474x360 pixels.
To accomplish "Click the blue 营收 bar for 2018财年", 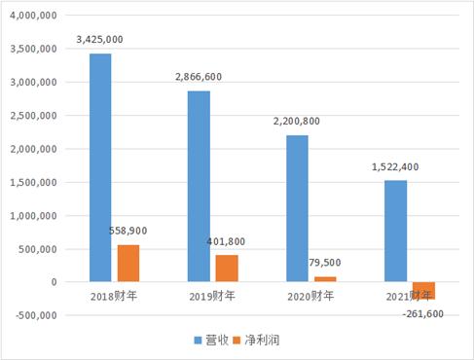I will pyautogui.click(x=100, y=167).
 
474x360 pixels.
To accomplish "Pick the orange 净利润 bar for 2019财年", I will pyautogui.click(x=227, y=269).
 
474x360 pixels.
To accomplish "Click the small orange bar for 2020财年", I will pyautogui.click(x=325, y=279).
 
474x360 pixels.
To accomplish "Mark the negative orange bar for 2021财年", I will pyautogui.click(x=423, y=290).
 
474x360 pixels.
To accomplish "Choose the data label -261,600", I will pyautogui.click(x=433, y=313).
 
